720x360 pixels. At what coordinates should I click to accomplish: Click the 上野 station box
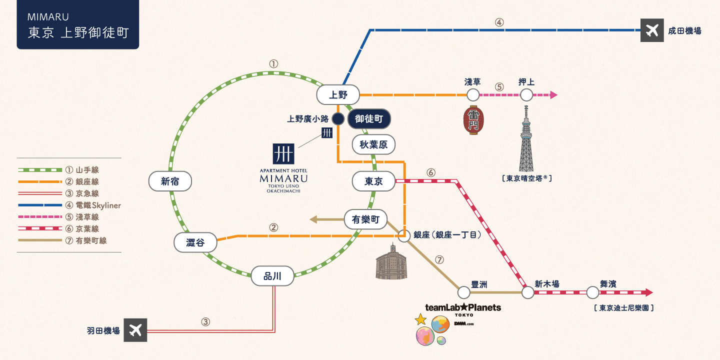coord(338,94)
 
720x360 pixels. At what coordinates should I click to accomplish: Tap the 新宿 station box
coord(170,181)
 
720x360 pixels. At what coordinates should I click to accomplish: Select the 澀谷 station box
coord(195,243)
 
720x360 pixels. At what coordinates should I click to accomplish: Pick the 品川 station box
coord(272,275)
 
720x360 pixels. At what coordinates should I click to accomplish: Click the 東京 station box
coord(373,181)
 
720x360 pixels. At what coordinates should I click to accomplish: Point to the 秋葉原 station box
coord(373,144)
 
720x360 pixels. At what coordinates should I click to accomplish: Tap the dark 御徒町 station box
coord(369,119)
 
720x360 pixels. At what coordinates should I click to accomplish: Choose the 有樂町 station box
coord(365,219)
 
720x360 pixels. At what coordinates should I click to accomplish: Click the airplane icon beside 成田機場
coord(652,30)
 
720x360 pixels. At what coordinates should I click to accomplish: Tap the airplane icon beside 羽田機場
coord(135,330)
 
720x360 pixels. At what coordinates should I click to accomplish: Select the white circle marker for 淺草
coord(472,94)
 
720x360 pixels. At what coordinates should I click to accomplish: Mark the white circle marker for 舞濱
coord(592,292)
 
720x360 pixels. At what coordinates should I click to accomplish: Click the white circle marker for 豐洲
coord(464,292)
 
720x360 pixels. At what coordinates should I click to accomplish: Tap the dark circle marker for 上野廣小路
coord(338,119)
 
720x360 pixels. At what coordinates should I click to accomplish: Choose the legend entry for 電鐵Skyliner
coord(70,205)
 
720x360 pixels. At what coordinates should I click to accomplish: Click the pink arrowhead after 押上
coord(553,94)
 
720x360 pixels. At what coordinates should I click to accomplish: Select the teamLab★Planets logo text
coord(462,307)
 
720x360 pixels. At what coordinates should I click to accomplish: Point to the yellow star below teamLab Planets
coord(421,319)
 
